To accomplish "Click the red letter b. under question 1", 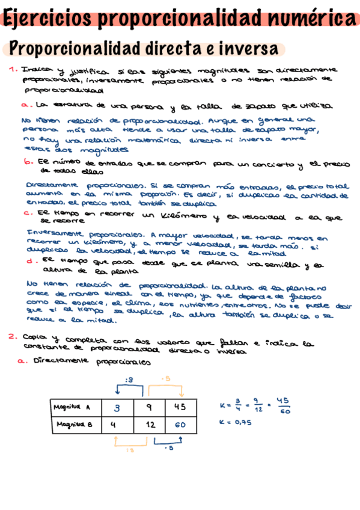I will click(x=28, y=162).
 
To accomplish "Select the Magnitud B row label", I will click(x=72, y=425).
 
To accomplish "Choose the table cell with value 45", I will click(x=180, y=407).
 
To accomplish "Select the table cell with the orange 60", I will click(x=180, y=425).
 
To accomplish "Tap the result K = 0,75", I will click(x=235, y=422).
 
